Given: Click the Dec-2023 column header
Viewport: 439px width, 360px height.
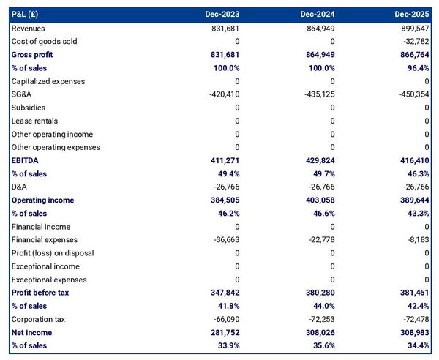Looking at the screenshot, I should [222, 14].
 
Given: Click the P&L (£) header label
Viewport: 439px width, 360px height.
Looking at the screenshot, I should [26, 14].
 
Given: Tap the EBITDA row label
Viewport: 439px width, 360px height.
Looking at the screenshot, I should [26, 160].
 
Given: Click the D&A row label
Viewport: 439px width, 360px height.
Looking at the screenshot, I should [20, 187].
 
